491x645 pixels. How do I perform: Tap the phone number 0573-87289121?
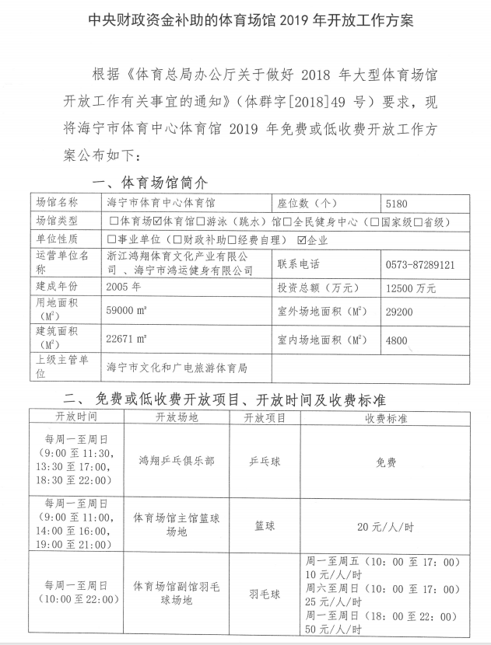[x=420, y=264]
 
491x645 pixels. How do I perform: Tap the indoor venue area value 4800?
[x=397, y=340]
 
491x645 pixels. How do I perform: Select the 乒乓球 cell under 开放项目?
[x=265, y=461]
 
